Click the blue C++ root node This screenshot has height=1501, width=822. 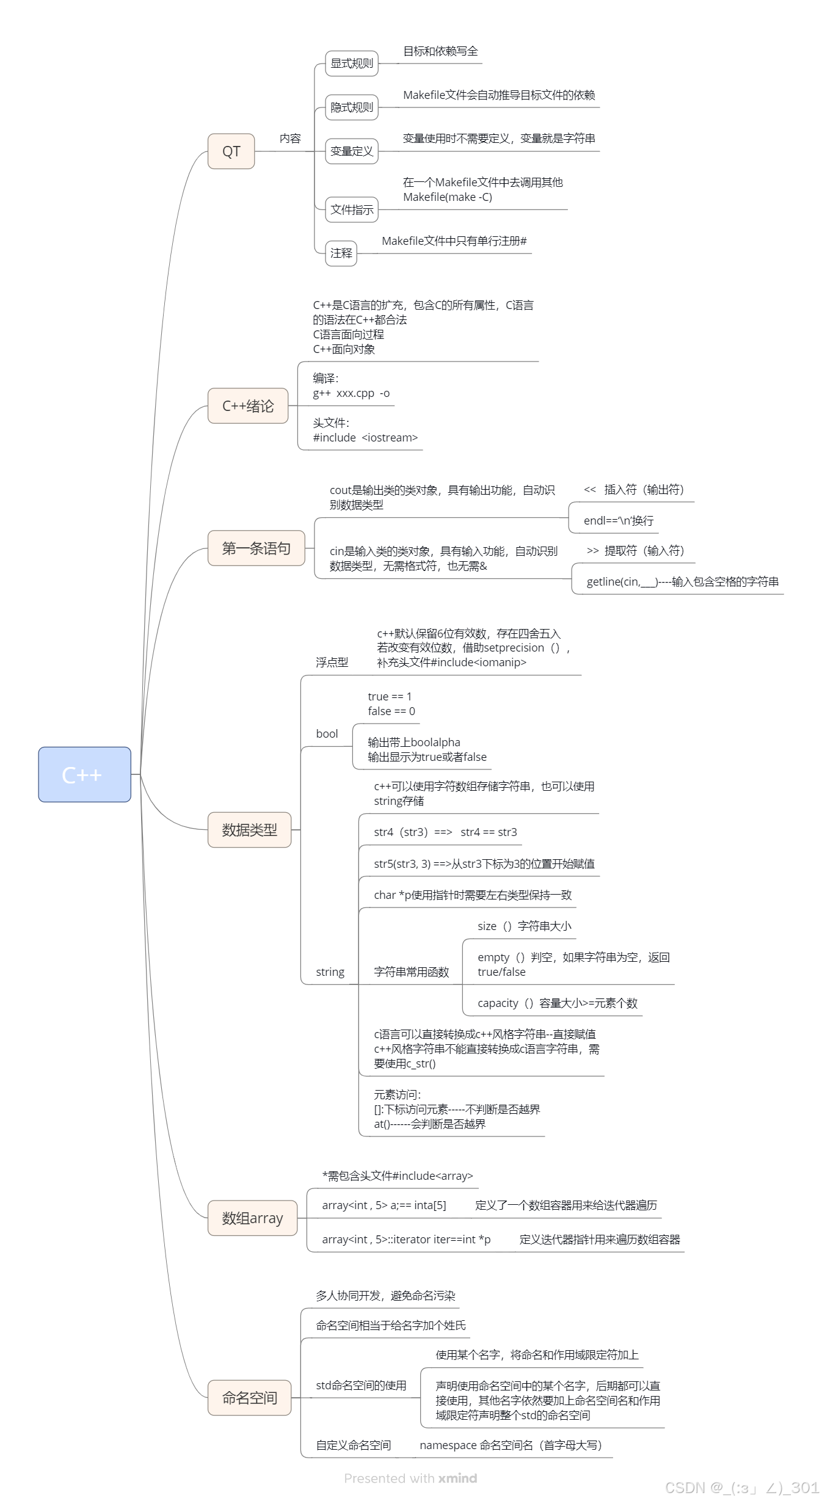84,774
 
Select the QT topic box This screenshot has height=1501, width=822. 231,151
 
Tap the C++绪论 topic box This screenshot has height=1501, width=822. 247,406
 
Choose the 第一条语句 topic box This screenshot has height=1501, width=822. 256,548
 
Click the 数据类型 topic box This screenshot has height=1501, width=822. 249,830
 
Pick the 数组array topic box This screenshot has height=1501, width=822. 252,1218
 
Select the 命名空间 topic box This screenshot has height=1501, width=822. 249,1398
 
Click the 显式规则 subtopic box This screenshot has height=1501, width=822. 351,64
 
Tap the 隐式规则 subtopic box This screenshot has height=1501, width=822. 351,107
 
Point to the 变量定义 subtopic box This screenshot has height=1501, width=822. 351,151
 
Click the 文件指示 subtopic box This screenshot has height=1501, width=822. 351,210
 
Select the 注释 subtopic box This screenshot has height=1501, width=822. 341,253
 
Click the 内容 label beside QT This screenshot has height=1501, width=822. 290,139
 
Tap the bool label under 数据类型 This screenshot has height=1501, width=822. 327,734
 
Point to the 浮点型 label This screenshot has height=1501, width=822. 332,663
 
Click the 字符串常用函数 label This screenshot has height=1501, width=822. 411,972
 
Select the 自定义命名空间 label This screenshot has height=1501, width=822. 353,1445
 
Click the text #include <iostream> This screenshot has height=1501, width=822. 365,438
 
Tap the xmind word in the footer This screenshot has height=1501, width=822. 457,1478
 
